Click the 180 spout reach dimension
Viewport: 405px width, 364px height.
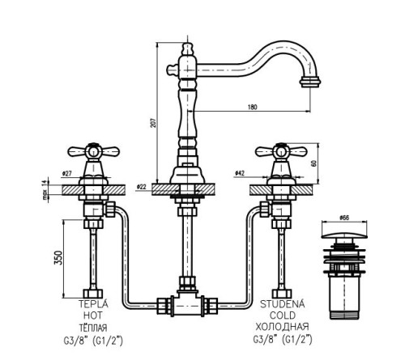(x=252, y=107)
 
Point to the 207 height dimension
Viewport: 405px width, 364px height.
(x=153, y=123)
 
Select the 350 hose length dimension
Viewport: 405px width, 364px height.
(x=59, y=258)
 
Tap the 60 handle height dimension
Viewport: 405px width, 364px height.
(x=313, y=163)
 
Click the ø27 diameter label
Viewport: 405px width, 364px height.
(x=67, y=174)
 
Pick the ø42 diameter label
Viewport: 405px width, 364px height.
(x=240, y=173)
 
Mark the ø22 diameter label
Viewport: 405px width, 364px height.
(x=141, y=186)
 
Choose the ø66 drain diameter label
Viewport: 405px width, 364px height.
(x=344, y=218)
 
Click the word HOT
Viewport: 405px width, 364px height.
(x=93, y=315)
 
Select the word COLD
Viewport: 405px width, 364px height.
(x=283, y=315)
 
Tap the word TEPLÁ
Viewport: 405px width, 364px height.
(x=93, y=303)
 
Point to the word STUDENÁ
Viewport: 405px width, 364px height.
(x=283, y=303)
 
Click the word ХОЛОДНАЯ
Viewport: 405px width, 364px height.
(x=282, y=327)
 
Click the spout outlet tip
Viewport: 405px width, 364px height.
(x=310, y=82)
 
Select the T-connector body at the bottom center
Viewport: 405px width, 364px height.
(x=187, y=305)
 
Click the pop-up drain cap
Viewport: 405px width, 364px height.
(x=344, y=235)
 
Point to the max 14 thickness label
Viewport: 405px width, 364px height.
(x=45, y=190)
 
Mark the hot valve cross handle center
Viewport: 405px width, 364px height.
(x=93, y=151)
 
